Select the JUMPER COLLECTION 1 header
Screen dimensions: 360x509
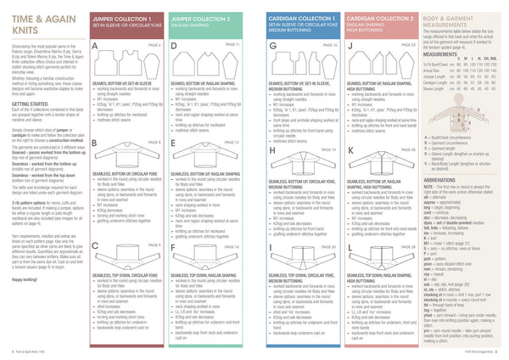[118, 18]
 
